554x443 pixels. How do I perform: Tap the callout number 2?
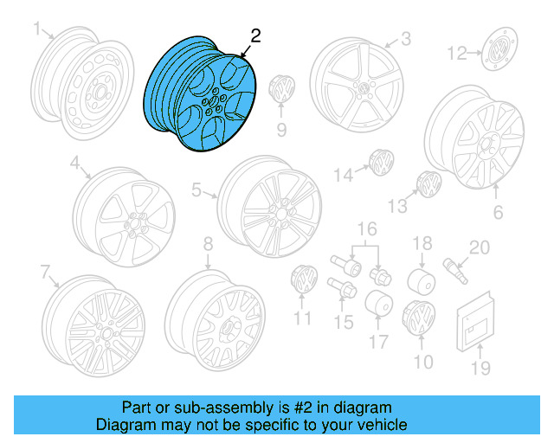tap(254, 35)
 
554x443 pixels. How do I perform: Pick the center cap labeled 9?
tap(281, 89)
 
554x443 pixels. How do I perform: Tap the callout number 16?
tap(369, 228)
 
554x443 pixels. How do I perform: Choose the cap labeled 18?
tap(421, 282)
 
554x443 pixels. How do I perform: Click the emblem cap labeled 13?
tap(428, 185)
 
